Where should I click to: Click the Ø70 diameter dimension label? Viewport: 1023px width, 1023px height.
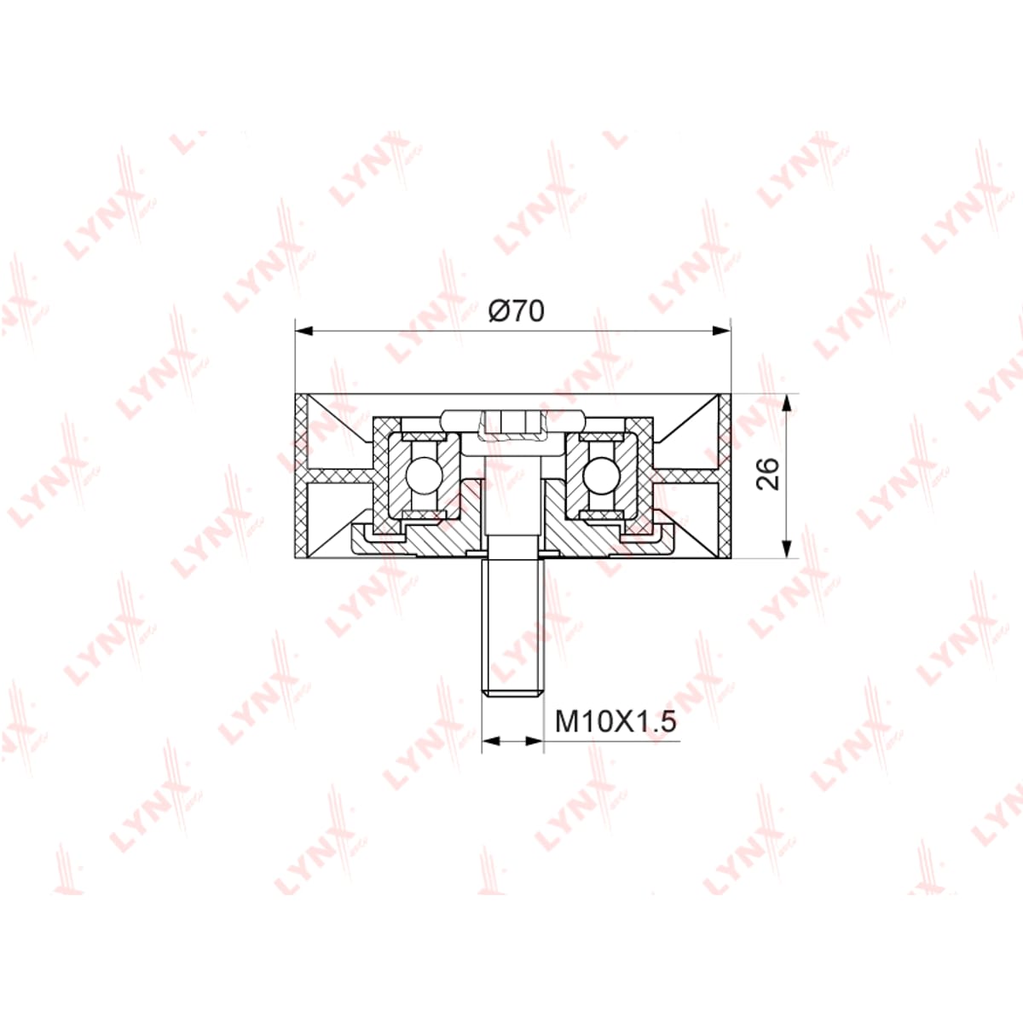(x=516, y=311)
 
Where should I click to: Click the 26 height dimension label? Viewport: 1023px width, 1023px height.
(x=767, y=473)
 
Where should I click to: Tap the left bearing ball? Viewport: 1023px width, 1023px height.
(x=423, y=474)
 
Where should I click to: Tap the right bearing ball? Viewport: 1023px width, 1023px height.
(x=600, y=474)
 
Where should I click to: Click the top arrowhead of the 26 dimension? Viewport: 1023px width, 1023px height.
(x=788, y=402)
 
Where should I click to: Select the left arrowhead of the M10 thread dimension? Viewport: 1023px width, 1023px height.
(x=491, y=742)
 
